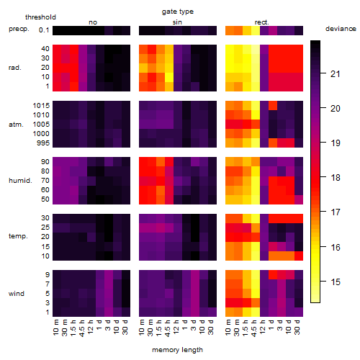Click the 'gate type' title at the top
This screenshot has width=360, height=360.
[178, 12]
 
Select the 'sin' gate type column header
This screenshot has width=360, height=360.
[177, 22]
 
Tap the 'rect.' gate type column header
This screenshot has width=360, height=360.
[262, 22]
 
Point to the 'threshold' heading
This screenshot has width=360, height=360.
[40, 17]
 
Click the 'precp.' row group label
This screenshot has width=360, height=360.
[19, 29]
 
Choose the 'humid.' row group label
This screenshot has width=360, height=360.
[20, 181]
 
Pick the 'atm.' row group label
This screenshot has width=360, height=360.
[16, 125]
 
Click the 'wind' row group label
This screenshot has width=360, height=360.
[17, 294]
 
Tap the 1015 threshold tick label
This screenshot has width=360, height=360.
[41, 106]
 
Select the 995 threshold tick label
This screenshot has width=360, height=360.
[43, 143]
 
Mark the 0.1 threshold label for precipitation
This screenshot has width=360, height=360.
[44, 30]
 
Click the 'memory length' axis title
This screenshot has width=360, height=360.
[178, 350]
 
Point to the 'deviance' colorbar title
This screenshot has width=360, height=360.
[341, 29]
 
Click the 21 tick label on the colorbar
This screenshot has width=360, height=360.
[336, 74]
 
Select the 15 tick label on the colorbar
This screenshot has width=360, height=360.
[336, 282]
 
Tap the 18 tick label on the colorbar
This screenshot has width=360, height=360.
[336, 178]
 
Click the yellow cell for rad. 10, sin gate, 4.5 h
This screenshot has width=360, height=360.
[169, 77]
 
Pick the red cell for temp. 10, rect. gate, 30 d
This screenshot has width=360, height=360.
[299, 256]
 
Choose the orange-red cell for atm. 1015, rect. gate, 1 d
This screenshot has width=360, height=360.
[273, 105]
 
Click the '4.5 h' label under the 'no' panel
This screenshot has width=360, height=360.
[82, 328]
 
